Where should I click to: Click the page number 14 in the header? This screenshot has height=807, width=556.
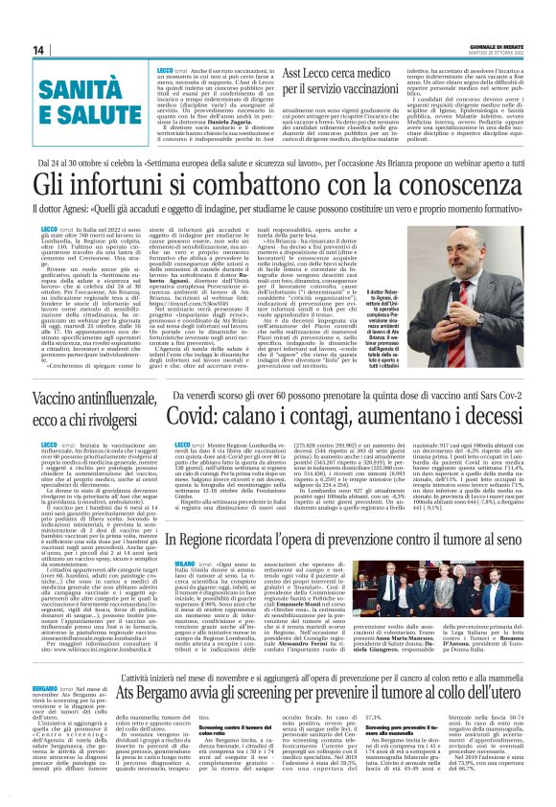pos(39,50)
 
